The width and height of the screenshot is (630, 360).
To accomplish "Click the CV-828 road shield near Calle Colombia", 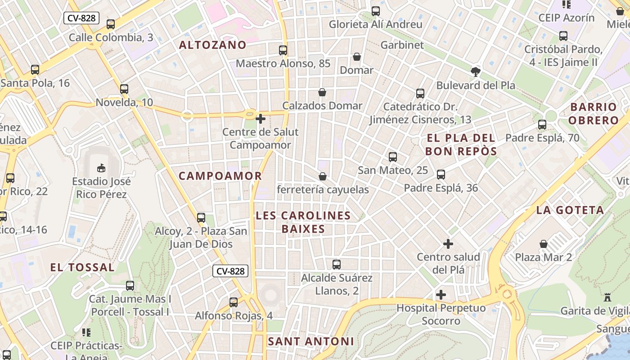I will (81, 18).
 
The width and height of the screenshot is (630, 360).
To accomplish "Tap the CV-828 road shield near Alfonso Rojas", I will (230, 271).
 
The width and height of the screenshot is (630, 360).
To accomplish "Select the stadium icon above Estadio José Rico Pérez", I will (101, 168).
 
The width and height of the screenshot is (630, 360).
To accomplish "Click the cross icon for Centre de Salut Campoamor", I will (260, 119).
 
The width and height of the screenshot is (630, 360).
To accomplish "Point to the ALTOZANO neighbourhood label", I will (213, 45).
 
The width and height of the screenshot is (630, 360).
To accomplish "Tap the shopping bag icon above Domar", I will (357, 57).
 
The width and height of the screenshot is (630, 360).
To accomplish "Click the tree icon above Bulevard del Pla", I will (475, 72).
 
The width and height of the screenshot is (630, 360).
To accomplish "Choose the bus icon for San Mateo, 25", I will (393, 157).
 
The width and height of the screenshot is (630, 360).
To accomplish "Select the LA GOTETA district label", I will (570, 210).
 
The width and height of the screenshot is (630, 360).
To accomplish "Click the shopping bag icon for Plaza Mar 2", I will (544, 244).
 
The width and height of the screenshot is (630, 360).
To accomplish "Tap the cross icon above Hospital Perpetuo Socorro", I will (441, 295).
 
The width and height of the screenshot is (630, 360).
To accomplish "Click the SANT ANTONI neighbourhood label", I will (311, 341).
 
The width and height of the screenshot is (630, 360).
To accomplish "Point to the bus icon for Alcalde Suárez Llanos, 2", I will (337, 265).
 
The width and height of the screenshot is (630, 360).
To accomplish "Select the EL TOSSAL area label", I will (82, 267).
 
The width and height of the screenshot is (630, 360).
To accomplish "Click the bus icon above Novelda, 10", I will (124, 89).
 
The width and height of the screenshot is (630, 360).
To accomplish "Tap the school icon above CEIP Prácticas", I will (86, 333).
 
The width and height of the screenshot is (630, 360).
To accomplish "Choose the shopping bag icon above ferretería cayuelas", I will (323, 176).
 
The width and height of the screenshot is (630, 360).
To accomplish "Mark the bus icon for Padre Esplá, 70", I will (542, 125).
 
